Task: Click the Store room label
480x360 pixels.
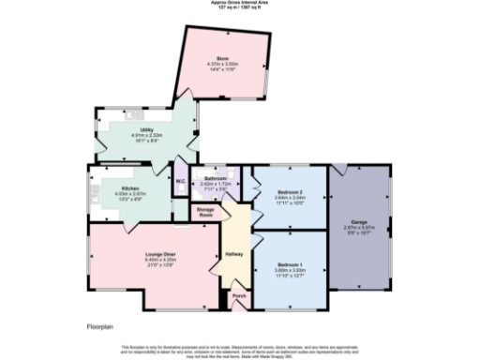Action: tap(223, 58)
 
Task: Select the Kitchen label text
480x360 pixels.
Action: tap(116, 187)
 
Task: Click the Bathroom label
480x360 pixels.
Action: tap(217, 177)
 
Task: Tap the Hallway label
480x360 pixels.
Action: tap(234, 254)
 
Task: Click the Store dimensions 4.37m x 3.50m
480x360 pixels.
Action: tap(223, 64)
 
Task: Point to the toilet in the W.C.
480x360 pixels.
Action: tap(179, 190)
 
